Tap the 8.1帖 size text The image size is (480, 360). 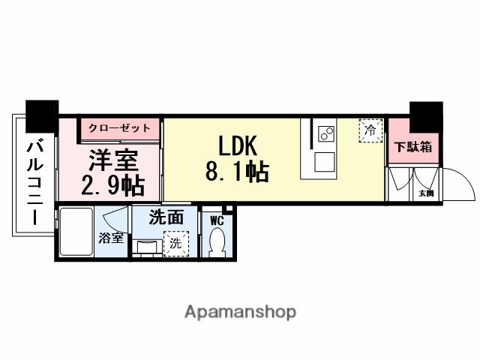236,172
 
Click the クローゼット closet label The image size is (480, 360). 119,128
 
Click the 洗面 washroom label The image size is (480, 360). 166,218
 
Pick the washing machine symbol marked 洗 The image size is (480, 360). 175,242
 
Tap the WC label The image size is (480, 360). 217,220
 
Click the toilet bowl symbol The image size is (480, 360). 217,241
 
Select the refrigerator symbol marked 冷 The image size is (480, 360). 369,130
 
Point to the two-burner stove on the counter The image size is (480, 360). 326,134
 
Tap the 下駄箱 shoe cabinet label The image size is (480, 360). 413,147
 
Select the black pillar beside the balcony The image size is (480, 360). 41,115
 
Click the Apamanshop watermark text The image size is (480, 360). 240,310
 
